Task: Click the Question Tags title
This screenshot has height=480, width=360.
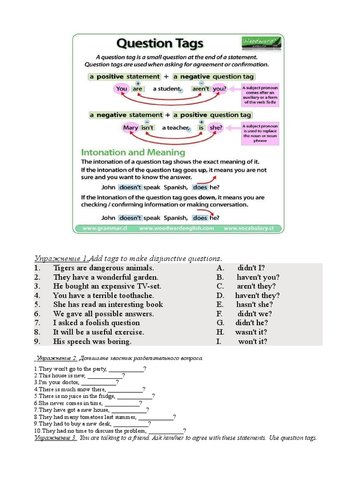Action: (x=160, y=45)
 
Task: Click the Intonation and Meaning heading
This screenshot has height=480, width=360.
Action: (x=133, y=152)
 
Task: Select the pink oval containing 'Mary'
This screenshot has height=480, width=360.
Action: (x=130, y=127)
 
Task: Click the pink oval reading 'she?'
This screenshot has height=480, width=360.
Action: (x=216, y=127)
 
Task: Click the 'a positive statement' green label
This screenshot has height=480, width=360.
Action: (x=124, y=76)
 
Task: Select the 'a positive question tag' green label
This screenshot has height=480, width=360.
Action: (x=212, y=115)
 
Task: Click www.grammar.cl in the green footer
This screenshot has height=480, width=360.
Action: (x=105, y=228)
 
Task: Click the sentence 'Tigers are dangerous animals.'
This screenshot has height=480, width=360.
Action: (x=103, y=268)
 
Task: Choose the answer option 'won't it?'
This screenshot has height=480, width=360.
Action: (x=253, y=341)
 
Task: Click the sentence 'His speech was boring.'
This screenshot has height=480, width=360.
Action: (x=92, y=341)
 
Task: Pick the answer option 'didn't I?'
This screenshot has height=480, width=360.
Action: (x=251, y=268)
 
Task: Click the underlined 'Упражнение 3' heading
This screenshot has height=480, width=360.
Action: (x=55, y=438)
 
